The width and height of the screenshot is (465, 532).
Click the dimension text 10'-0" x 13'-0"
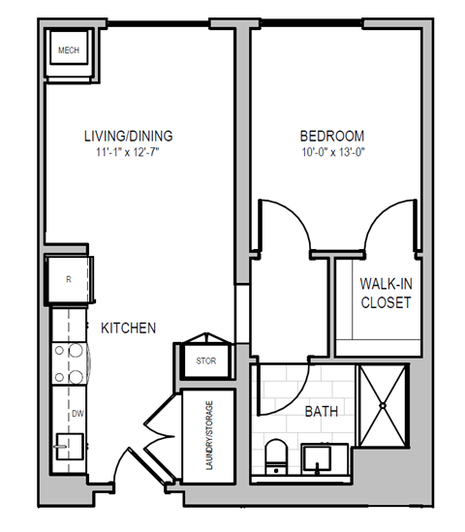330,152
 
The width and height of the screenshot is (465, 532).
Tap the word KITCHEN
129,329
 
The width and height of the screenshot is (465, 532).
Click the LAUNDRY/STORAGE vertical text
208,435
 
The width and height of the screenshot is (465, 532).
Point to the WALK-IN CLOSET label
385,293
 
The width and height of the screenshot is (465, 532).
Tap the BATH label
321,412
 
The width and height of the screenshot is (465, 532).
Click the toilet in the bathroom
276,456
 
